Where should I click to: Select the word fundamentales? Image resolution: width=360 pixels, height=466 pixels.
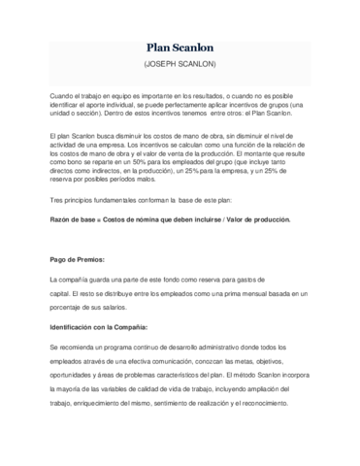click(x=125, y=225)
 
